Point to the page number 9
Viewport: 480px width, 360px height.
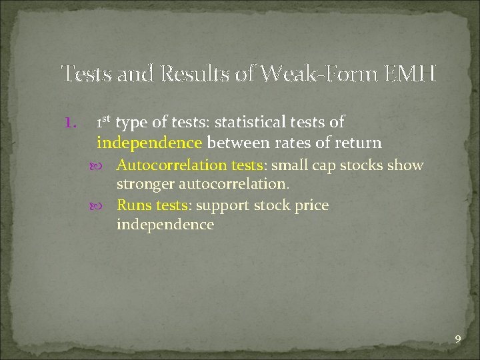pyautogui.click(x=457, y=340)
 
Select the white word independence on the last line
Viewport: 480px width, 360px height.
pyautogui.click(x=165, y=225)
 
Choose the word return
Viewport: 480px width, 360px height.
pyautogui.click(x=360, y=142)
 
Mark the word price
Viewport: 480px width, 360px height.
pyautogui.click(x=311, y=205)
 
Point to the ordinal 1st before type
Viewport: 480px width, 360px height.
pyautogui.click(x=104, y=122)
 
